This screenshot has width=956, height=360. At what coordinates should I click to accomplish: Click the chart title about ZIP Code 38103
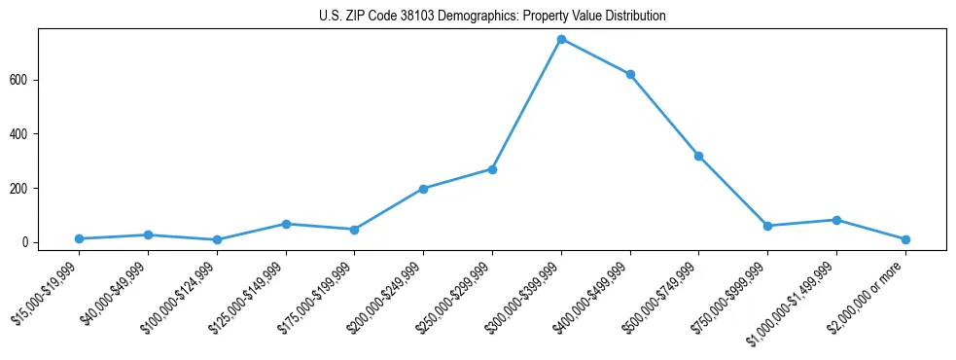point(492,17)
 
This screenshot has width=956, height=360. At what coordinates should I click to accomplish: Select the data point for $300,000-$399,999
point(561,39)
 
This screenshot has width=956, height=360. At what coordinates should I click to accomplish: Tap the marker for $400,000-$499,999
point(630,75)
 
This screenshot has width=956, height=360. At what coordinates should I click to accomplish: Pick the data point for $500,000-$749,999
point(698,156)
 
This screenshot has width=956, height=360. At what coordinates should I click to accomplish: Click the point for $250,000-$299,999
point(492,169)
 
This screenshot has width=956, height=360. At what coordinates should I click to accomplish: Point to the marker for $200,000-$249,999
point(423,189)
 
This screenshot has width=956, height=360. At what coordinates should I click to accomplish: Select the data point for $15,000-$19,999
point(79,238)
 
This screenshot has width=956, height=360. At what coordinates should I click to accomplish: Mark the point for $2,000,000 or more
point(905,239)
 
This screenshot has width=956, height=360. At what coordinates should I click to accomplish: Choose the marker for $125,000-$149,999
point(286,224)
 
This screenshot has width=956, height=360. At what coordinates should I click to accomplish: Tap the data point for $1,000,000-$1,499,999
point(836,220)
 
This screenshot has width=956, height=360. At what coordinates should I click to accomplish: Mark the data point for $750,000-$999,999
point(767,226)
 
